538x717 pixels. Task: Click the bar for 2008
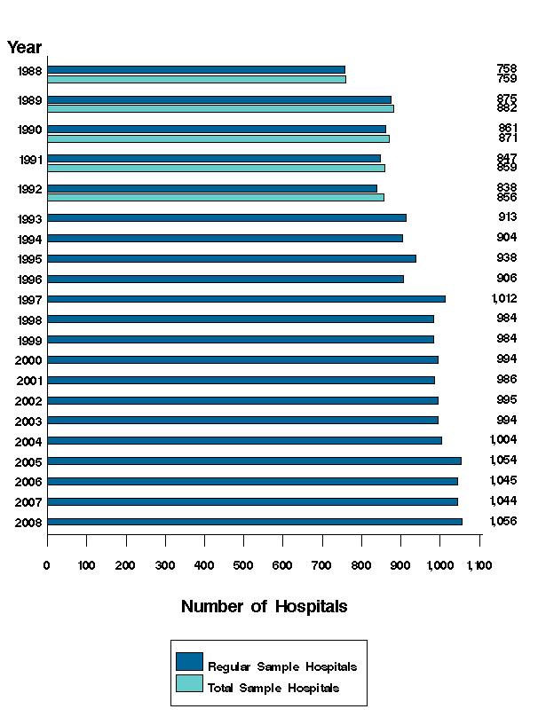[x=255, y=522]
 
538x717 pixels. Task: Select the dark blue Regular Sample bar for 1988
[x=196, y=69]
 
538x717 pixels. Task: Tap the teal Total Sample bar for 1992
[x=216, y=197]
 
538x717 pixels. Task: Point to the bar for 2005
[x=254, y=461]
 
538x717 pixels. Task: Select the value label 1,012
[x=503, y=299]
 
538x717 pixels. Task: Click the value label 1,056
[x=503, y=522]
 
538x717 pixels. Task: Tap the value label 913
[x=507, y=217]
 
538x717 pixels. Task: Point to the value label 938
[x=507, y=258]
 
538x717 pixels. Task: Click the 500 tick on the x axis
[x=243, y=564]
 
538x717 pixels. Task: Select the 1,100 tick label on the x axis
[x=479, y=564]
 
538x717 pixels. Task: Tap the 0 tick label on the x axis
[x=47, y=564]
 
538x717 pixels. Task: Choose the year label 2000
[x=28, y=359]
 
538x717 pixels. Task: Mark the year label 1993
[x=28, y=218]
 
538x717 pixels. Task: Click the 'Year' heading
[x=24, y=48]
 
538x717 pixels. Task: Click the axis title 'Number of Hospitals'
[x=264, y=607]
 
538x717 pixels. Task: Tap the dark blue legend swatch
[x=189, y=662]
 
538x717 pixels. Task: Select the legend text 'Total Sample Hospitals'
[x=273, y=688]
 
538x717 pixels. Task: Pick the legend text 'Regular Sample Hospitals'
[x=281, y=666]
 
